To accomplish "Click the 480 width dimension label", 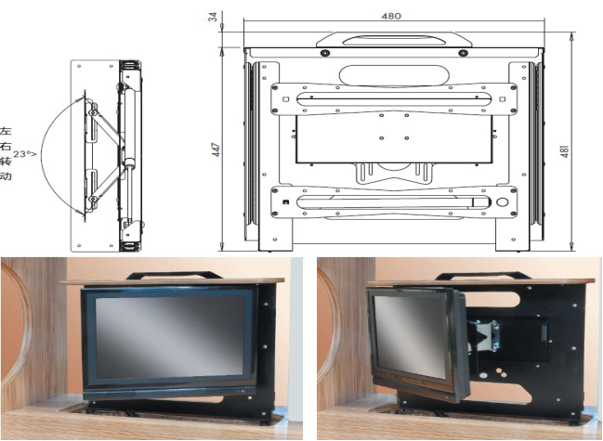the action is pyautogui.click(x=391, y=16).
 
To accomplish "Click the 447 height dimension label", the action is pyautogui.click(x=216, y=149).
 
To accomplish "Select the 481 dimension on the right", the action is pyautogui.click(x=564, y=151).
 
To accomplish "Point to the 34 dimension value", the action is pyautogui.click(x=214, y=17).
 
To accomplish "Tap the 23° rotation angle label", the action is pyautogui.click(x=24, y=154).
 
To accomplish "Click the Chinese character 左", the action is pyautogui.click(x=6, y=131).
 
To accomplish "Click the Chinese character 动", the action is pyautogui.click(x=6, y=176).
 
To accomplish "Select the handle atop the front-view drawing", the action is pyautogui.click(x=394, y=40).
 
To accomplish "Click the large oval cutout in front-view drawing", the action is pyautogui.click(x=394, y=75).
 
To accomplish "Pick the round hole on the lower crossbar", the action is pyautogui.click(x=503, y=202).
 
